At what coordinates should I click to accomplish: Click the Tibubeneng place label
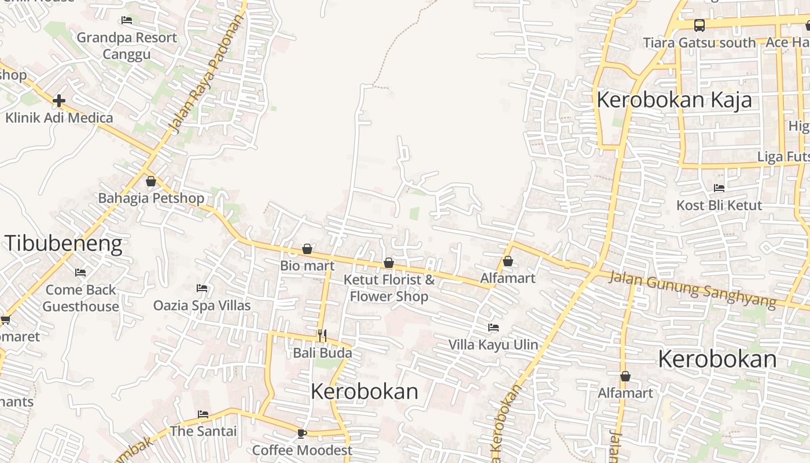pyautogui.click(x=64, y=244)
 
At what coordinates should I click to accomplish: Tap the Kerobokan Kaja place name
pyautogui.click(x=674, y=100)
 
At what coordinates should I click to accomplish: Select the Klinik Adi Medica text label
pyautogui.click(x=59, y=118)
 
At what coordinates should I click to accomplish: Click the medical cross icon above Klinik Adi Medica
pyautogui.click(x=58, y=101)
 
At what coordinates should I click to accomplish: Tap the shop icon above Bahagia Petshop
pyautogui.click(x=151, y=181)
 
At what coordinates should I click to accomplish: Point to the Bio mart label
pyautogui.click(x=307, y=266)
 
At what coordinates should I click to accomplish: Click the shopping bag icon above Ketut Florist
pyautogui.click(x=389, y=263)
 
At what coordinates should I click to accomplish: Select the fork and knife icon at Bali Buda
pyautogui.click(x=322, y=335)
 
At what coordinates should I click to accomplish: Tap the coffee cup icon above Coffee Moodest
pyautogui.click(x=301, y=433)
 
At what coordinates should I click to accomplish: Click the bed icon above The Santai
pyautogui.click(x=203, y=414)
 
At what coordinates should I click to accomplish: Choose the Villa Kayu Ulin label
pyautogui.click(x=493, y=345)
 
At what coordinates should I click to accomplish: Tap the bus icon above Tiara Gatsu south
pyautogui.click(x=699, y=25)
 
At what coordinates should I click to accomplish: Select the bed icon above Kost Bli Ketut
pyautogui.click(x=719, y=188)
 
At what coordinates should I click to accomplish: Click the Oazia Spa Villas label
pyautogui.click(x=202, y=305)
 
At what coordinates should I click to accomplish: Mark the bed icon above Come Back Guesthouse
pyautogui.click(x=80, y=273)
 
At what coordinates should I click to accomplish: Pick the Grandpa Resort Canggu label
pyautogui.click(x=127, y=46)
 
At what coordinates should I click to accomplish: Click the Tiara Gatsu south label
pyautogui.click(x=699, y=43)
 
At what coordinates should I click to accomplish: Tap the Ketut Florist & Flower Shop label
pyautogui.click(x=389, y=288)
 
